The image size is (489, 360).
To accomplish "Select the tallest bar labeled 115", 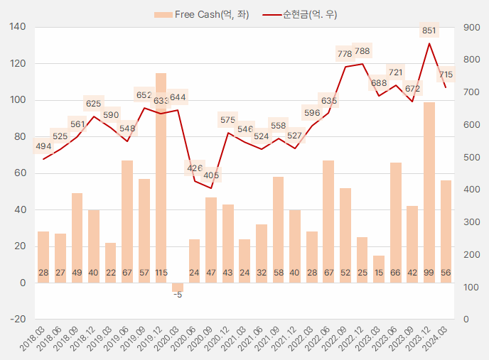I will click(x=161, y=178).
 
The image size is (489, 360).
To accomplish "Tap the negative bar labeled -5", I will click(x=178, y=288).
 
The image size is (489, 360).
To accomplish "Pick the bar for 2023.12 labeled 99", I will click(x=429, y=192).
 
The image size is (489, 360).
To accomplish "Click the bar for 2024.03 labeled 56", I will click(x=446, y=231).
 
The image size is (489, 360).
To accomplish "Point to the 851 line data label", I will click(x=429, y=31).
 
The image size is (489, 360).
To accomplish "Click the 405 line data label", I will click(x=211, y=175).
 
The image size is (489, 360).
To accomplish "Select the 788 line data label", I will click(x=362, y=51).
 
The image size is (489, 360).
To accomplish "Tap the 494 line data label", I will click(x=43, y=147).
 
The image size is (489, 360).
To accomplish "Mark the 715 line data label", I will click(x=446, y=75).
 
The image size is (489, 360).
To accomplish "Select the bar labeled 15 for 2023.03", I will click(x=379, y=269).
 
